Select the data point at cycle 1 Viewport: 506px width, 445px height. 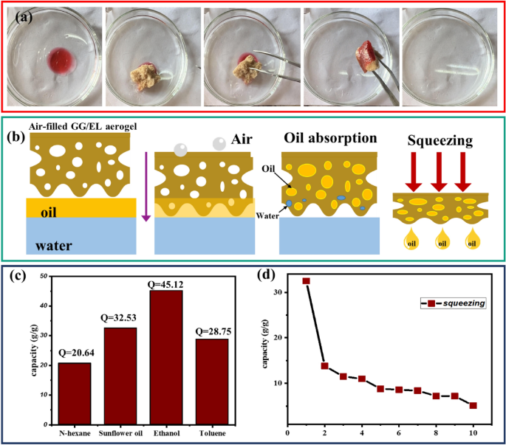coord(306,281)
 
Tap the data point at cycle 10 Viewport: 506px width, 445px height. coord(473,405)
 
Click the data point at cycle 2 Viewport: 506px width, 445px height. coord(324,366)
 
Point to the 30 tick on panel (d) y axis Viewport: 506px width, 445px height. coord(278,292)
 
